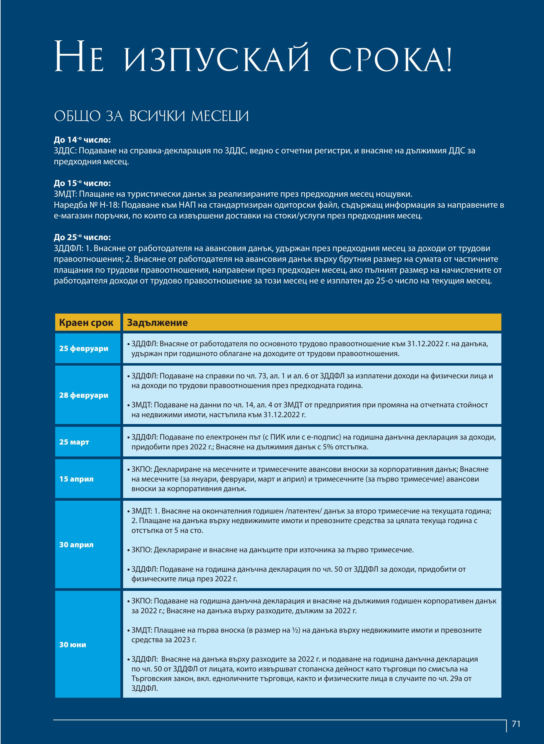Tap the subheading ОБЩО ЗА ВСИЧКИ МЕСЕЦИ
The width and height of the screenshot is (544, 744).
click(x=151, y=116)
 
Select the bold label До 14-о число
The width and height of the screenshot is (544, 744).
click(x=82, y=140)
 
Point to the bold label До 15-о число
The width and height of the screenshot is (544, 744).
click(x=82, y=183)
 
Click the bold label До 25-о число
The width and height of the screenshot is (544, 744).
click(x=82, y=237)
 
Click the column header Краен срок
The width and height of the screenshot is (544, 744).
click(x=86, y=322)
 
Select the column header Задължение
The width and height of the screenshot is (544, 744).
click(x=157, y=322)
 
